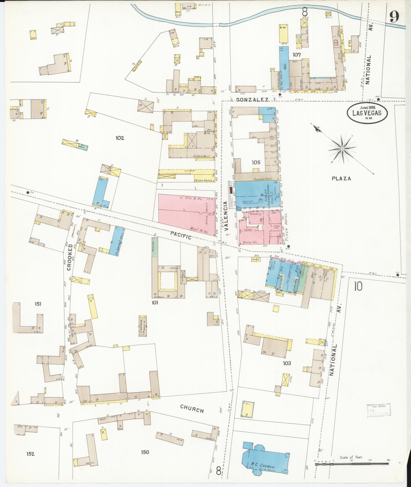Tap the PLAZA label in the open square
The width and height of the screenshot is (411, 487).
[x=341, y=178]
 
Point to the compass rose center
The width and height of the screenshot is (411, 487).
[x=342, y=148]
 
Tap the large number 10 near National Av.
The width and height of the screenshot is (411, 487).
[x=357, y=287]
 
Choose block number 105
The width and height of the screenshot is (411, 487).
[x=256, y=162]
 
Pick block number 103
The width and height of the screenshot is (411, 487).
[x=287, y=363]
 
